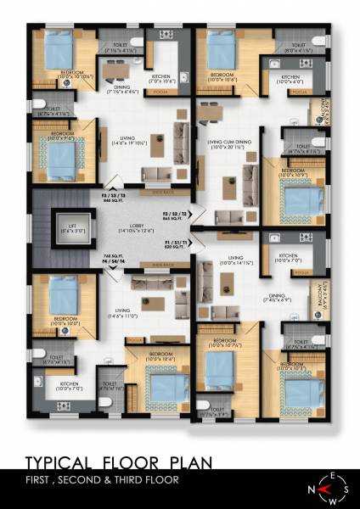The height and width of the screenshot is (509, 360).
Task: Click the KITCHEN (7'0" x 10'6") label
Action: coord(163,80)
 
